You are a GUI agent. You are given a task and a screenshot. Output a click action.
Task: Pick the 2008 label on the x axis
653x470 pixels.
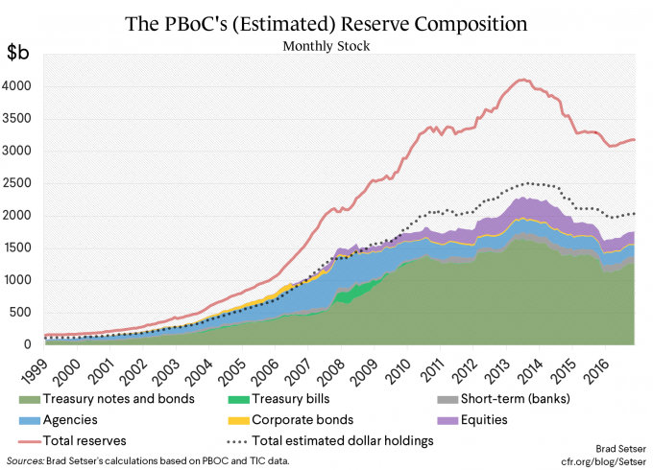coord(330,366)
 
